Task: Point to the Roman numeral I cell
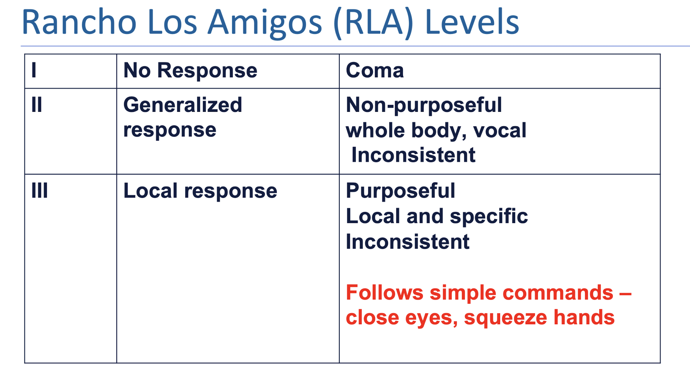click(34, 70)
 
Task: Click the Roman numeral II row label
click(37, 105)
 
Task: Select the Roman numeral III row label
click(40, 191)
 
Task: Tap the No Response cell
click(190, 70)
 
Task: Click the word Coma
click(375, 70)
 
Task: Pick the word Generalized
click(182, 105)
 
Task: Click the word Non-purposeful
click(424, 105)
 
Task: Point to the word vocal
click(499, 130)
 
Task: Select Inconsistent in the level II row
click(413, 155)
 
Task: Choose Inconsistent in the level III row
click(408, 242)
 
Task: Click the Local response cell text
click(200, 191)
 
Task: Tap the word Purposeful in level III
click(400, 191)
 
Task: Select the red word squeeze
click(505, 318)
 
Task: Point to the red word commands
click(557, 293)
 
